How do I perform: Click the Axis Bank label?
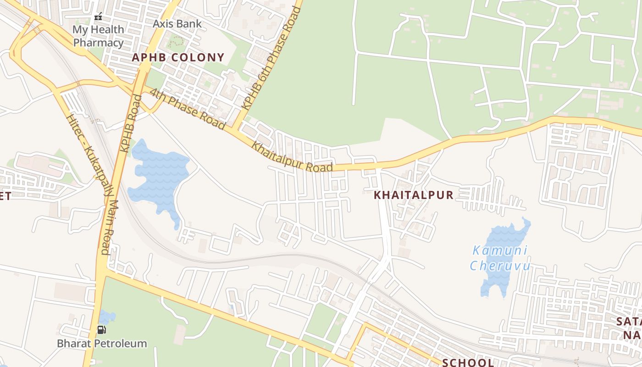coord(177,24)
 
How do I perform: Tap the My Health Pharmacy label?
coord(98,36)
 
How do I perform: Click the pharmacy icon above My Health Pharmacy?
coord(98,17)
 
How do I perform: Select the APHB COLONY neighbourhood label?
coord(178,57)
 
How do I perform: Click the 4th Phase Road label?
coord(188,108)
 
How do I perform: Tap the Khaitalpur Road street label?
coord(292,156)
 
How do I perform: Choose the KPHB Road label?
coord(131,123)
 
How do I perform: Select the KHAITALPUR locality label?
coord(414,195)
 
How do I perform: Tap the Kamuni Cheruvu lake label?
coord(500,258)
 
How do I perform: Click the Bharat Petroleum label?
coord(102,343)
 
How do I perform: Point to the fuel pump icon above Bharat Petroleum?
coord(101,329)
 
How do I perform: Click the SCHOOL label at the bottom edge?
coord(468,362)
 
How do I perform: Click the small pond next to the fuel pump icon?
coord(107,317)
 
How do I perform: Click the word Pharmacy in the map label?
coord(99,43)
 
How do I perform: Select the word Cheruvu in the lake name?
coord(500,266)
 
